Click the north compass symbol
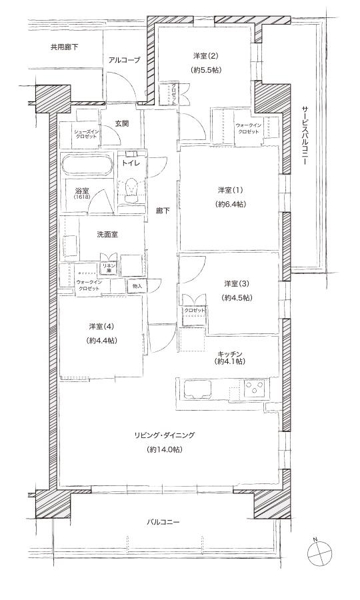(x=320, y=552)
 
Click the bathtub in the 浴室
(x=88, y=165)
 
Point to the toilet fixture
(x=133, y=190)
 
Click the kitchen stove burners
(x=255, y=387)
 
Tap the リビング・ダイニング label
(x=164, y=435)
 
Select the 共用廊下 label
(x=64, y=47)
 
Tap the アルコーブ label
(x=125, y=60)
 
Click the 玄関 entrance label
(x=121, y=123)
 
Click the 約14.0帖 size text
(x=164, y=450)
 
